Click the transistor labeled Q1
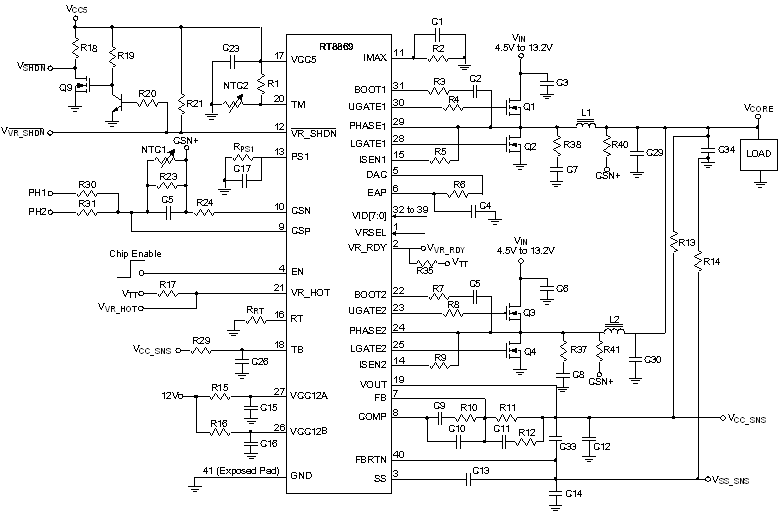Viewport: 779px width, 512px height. pyautogui.click(x=515, y=103)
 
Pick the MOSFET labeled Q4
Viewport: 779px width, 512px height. pyautogui.click(x=515, y=351)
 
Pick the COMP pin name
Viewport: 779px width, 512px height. pyautogui.click(x=371, y=414)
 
